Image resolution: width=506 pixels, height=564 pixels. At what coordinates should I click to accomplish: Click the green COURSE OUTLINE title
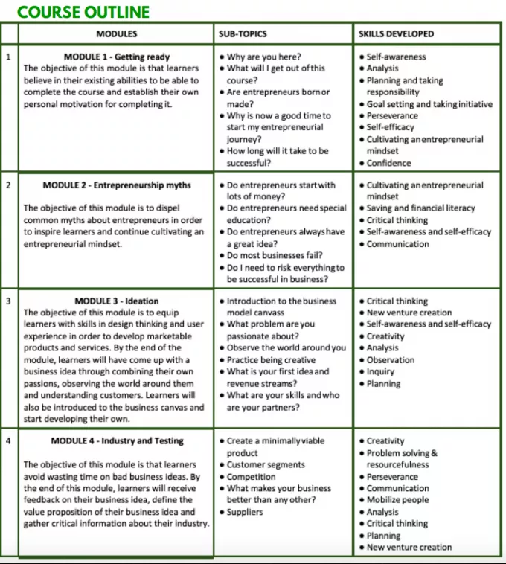(83, 12)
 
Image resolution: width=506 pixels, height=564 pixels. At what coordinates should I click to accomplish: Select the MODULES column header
(116, 34)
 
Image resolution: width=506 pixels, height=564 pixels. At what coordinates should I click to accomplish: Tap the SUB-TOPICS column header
(243, 34)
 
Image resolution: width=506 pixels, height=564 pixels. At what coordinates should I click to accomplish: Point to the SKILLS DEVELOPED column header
(396, 34)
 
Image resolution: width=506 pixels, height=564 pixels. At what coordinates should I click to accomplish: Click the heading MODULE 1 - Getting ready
(117, 57)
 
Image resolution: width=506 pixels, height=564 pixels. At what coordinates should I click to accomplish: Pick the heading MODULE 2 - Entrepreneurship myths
(117, 185)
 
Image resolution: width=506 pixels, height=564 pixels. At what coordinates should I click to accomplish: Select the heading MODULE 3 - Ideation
(117, 301)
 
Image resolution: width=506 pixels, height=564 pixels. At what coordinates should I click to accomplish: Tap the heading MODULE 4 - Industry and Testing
(117, 441)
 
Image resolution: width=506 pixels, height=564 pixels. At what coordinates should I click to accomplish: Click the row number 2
(8, 185)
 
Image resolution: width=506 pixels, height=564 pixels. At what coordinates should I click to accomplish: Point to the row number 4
(8, 441)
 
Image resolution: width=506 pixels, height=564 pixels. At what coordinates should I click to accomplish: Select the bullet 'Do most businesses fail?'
(275, 256)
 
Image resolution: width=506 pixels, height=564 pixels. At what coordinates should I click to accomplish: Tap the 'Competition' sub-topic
(251, 477)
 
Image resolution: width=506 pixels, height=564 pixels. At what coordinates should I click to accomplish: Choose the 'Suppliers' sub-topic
(245, 512)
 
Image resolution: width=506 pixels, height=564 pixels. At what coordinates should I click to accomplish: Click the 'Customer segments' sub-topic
(266, 465)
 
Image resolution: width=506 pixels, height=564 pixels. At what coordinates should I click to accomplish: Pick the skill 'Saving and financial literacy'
(420, 208)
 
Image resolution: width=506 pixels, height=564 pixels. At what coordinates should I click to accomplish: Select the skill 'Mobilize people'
(397, 500)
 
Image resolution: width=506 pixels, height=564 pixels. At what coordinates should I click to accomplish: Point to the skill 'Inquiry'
(382, 372)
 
